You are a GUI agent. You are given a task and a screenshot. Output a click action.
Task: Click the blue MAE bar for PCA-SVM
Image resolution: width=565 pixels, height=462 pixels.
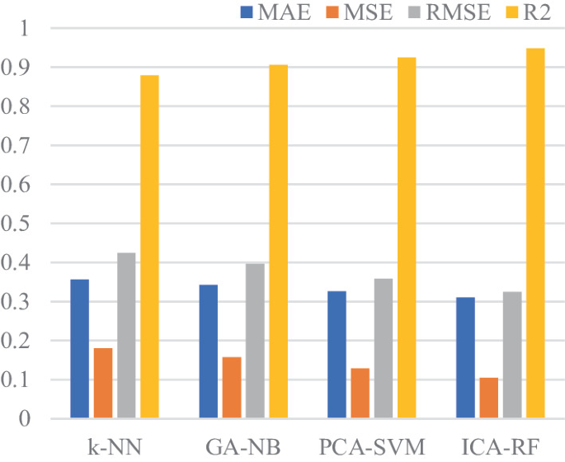[337, 355]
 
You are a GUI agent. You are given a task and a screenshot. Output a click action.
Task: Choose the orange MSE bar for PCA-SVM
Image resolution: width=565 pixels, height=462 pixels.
[360, 394]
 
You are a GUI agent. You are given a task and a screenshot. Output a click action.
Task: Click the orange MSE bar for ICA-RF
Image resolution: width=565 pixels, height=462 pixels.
[489, 398]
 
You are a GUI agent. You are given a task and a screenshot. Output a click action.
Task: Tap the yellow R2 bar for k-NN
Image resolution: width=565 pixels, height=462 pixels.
[149, 247]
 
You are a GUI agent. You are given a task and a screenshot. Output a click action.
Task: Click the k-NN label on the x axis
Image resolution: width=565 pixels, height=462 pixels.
[114, 446]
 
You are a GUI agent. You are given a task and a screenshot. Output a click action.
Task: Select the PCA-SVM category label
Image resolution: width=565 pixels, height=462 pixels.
[371, 446]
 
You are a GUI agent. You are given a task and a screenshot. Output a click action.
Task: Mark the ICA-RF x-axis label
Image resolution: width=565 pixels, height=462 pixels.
[500, 446]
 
